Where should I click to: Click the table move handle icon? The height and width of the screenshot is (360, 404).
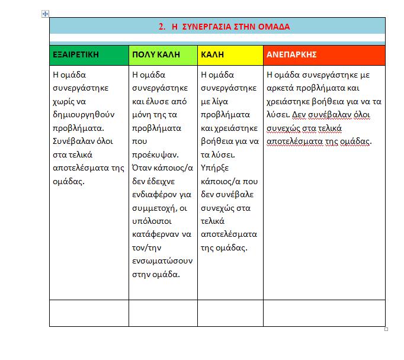point(46,14)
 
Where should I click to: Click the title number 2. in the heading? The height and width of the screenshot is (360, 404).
point(163,27)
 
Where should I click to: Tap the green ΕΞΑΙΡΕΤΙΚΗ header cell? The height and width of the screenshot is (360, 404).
point(89,54)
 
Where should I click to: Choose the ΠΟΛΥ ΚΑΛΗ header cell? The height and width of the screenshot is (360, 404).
point(163,54)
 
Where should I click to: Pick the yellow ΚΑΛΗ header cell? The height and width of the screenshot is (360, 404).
point(230,54)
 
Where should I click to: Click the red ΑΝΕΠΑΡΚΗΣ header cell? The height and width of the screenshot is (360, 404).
point(324,54)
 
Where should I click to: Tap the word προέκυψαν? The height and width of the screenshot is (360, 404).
point(155,154)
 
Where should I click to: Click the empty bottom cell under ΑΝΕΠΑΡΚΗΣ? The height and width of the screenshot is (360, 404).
point(324,313)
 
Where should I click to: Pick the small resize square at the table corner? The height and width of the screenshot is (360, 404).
point(386,329)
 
